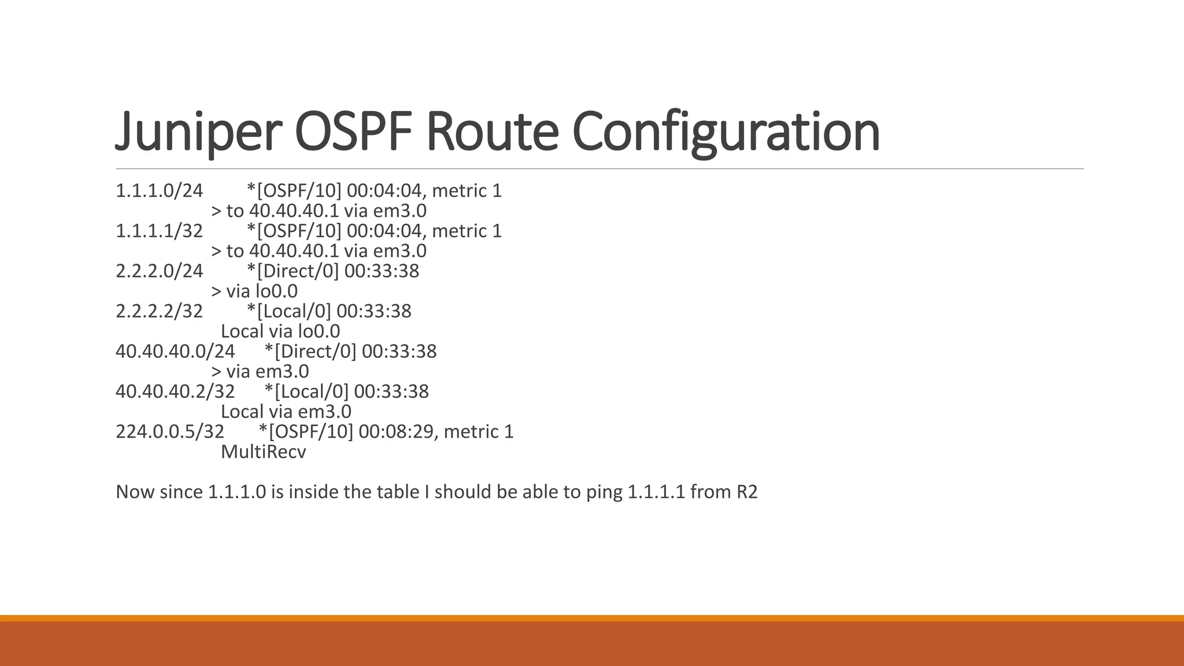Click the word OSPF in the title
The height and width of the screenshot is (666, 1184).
[354, 132]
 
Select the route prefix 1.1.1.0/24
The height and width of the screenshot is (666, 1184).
[160, 191]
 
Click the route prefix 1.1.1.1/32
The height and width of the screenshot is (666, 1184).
[160, 231]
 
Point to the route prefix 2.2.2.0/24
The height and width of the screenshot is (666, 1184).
[160, 271]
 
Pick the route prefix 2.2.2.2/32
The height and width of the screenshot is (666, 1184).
[160, 311]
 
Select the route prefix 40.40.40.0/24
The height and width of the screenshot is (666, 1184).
[175, 351]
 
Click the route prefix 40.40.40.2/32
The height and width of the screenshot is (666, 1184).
[175, 391]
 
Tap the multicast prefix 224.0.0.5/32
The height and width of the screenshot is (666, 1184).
[170, 432]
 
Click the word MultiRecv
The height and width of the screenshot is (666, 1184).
[263, 452]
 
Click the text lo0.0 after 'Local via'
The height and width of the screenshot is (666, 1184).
[319, 331]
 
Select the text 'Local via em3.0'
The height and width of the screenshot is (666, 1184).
[286, 412]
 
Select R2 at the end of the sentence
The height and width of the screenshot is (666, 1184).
[746, 492]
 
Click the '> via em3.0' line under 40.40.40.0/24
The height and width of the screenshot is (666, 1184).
[260, 372]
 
